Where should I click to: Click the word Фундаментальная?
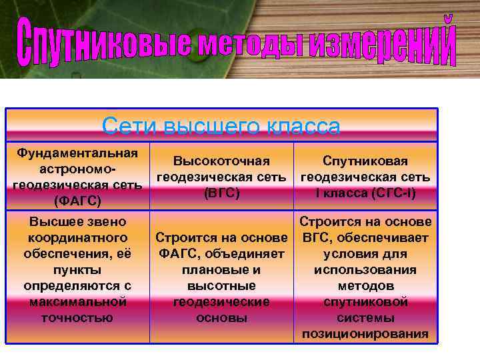(77, 153)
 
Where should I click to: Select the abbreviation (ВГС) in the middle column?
(221, 193)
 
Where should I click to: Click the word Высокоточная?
(221, 161)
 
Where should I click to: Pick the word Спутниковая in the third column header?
(365, 161)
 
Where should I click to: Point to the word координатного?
(77, 237)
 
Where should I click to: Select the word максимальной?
(77, 301)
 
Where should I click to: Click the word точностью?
(77, 317)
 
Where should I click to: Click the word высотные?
(221, 285)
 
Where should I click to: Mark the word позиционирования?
(365, 333)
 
